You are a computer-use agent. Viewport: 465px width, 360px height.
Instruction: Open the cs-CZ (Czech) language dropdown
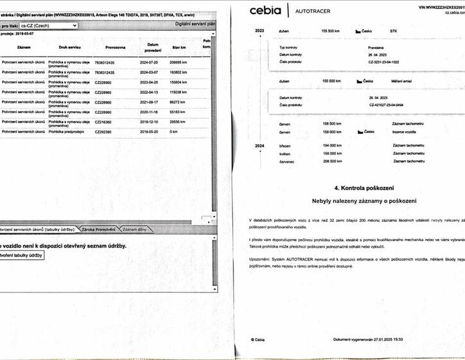click(x=49, y=25)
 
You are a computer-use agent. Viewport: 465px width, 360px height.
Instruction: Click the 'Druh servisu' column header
click(x=69, y=47)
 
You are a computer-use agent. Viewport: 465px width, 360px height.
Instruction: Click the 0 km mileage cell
click(x=173, y=131)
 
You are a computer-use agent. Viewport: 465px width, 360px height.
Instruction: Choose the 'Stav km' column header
click(x=179, y=47)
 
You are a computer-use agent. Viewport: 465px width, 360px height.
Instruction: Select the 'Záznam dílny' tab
click(x=134, y=230)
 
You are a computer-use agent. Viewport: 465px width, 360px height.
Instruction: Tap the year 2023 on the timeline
click(x=259, y=30)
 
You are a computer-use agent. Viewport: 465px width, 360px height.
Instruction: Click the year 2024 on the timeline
click(x=259, y=146)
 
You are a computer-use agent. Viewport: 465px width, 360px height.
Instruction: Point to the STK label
click(x=393, y=30)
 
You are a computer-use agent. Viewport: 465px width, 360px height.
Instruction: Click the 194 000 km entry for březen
click(x=331, y=146)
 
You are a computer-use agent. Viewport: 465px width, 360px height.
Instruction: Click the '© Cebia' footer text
click(x=258, y=339)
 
